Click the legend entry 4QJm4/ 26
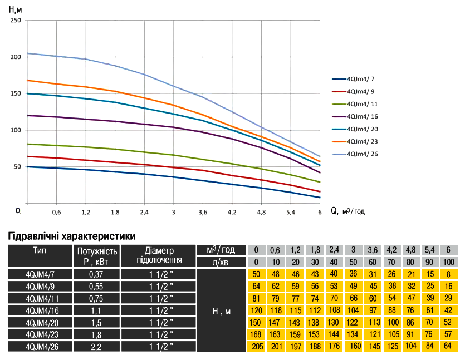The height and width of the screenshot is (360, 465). (362, 153)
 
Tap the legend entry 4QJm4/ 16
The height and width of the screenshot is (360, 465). (362, 116)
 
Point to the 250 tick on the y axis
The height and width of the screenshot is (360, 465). (16, 21)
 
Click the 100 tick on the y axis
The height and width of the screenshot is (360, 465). (16, 130)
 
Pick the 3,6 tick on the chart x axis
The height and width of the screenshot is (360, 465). (203, 213)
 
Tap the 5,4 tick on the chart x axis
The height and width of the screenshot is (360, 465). (291, 213)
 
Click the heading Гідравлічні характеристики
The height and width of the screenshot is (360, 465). (72, 236)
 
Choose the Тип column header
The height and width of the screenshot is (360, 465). (40, 251)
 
